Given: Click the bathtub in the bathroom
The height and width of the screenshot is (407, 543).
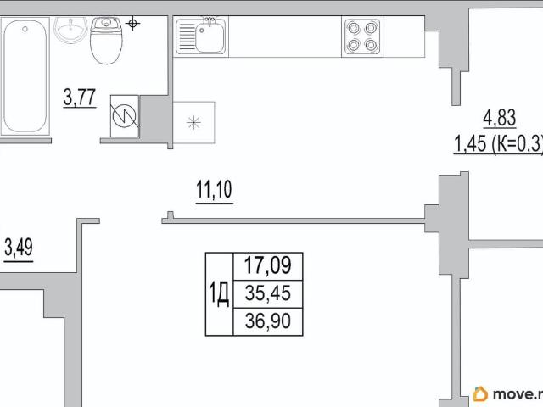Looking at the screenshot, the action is [x=25, y=76].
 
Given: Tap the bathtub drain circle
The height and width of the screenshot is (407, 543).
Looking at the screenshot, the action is [x=25, y=30].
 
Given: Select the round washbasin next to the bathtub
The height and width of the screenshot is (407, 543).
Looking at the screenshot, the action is [x=71, y=30].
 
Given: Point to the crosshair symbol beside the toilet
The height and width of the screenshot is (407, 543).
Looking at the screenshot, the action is [x=132, y=24].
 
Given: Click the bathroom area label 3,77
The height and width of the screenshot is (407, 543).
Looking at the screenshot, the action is [x=80, y=98].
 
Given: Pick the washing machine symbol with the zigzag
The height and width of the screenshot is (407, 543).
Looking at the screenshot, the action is [x=125, y=116].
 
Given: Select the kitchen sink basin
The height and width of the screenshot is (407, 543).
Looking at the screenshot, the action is [x=210, y=37].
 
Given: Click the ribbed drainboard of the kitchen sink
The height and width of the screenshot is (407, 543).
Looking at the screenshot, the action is [x=186, y=37].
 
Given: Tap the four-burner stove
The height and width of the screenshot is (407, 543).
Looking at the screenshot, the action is [x=362, y=36].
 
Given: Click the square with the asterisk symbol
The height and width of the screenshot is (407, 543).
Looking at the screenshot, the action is [x=194, y=122].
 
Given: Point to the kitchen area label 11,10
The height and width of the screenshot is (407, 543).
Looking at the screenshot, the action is [x=215, y=190].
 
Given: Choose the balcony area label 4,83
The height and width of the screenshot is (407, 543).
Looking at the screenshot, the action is [x=500, y=118].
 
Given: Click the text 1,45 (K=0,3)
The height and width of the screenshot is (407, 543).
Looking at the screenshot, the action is [x=498, y=143].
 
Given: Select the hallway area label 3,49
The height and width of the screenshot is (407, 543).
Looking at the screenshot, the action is [x=19, y=248].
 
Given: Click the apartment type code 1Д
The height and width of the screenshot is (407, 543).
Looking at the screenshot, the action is [x=219, y=294].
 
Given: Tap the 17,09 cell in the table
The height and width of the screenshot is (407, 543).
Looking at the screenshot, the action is [x=268, y=265].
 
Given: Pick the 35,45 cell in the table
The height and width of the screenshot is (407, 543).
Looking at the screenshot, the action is [x=268, y=293].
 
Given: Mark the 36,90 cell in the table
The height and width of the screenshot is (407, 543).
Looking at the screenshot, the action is [x=268, y=321].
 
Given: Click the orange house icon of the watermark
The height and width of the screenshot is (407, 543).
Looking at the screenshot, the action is [x=481, y=393].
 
